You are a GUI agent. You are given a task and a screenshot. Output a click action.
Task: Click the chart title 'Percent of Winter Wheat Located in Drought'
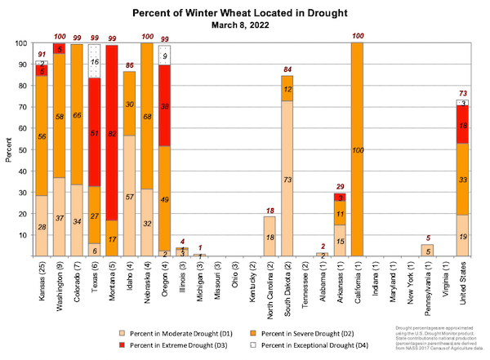click(244, 14)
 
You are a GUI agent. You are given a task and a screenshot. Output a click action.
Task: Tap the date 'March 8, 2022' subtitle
click(244, 26)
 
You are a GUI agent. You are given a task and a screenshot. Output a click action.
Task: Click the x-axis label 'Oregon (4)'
click(165, 280)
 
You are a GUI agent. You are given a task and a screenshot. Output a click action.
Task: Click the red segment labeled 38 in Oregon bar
click(165, 105)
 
